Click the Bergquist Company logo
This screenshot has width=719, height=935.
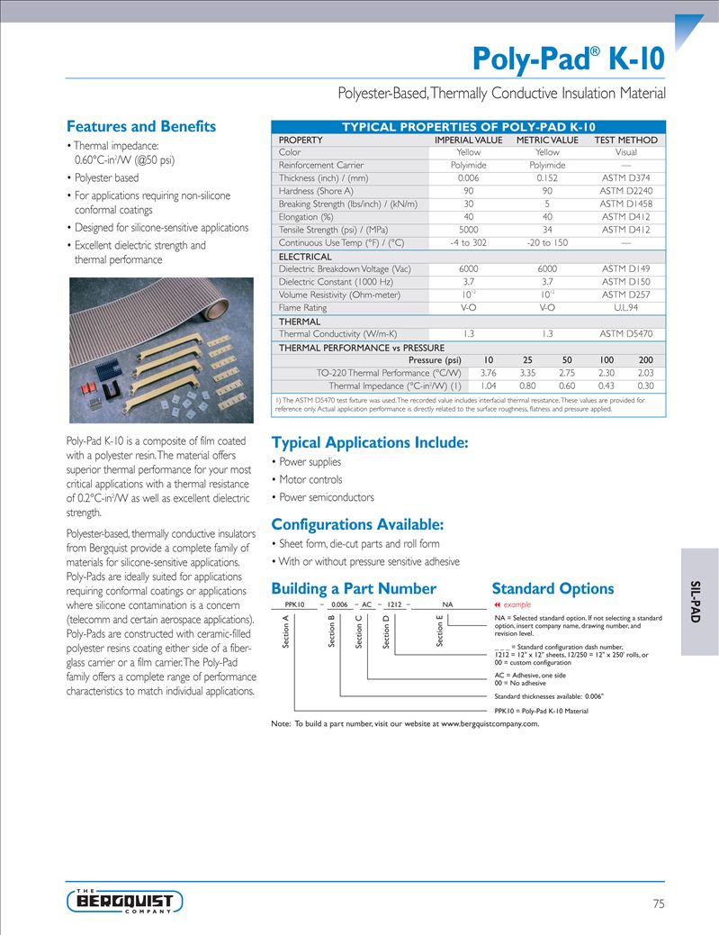(x=125, y=900)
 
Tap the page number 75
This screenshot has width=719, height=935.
(x=658, y=903)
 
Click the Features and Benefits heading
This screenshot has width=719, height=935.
(x=141, y=126)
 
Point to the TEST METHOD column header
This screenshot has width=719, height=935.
(x=625, y=140)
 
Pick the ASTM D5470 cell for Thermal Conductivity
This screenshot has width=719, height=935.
(x=625, y=333)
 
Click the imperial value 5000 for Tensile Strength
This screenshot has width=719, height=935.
(x=468, y=230)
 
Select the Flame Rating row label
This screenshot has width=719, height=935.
(x=302, y=307)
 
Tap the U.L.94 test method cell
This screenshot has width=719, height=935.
(x=625, y=307)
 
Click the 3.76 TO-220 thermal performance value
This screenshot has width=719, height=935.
(x=489, y=373)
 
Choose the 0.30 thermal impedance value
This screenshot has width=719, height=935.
(x=645, y=386)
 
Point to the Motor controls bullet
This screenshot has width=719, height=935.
(x=310, y=479)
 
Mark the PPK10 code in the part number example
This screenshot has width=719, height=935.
(x=294, y=604)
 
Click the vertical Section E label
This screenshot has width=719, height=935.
(x=439, y=631)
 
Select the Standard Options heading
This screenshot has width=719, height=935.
(x=553, y=588)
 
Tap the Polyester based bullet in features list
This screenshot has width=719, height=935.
(x=105, y=177)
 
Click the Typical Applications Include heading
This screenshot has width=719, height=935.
(x=369, y=442)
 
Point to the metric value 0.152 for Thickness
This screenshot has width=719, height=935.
(x=546, y=178)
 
